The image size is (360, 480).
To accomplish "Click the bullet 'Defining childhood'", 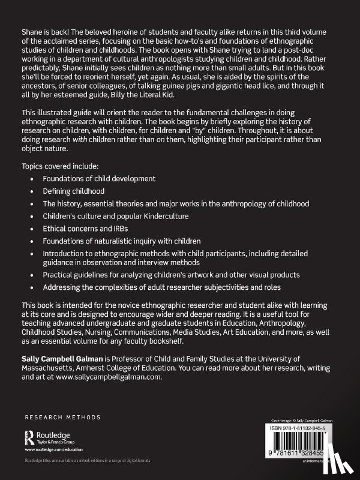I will [74, 191].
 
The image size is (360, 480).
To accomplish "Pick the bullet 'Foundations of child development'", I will [100, 178].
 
